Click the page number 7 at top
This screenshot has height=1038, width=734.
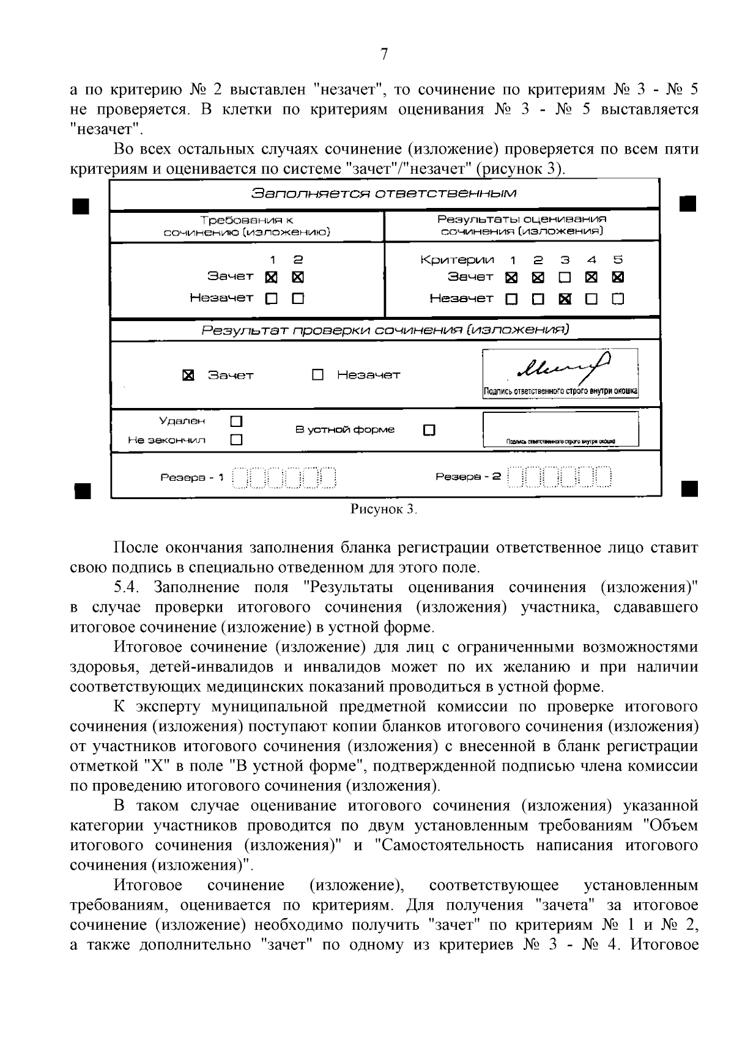click(384, 55)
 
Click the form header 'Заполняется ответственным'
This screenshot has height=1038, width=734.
click(384, 194)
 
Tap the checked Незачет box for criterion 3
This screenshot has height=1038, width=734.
click(565, 299)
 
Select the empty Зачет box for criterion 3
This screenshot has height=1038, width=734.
click(565, 278)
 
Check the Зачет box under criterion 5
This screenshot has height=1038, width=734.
click(618, 278)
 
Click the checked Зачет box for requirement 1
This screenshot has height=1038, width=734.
click(272, 278)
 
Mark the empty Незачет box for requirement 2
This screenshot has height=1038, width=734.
click(298, 299)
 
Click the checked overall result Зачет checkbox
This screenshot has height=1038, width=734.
click(189, 375)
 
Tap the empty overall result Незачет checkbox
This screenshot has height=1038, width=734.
click(317, 375)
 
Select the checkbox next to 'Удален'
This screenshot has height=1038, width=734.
click(237, 421)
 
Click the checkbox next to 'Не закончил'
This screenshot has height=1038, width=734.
click(237, 440)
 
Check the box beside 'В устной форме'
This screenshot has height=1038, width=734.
click(429, 430)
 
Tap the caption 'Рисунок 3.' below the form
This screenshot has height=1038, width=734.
click(384, 509)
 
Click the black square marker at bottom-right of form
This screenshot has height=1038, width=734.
click(688, 489)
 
